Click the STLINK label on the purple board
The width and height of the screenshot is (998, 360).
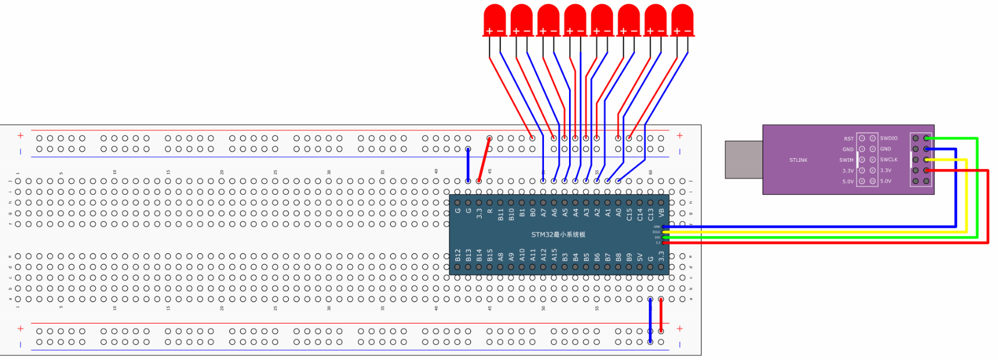click(x=798, y=160)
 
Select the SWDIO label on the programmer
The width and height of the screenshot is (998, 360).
click(x=888, y=138)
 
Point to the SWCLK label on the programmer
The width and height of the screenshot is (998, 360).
click(x=888, y=160)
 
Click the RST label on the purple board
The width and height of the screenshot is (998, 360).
click(x=848, y=138)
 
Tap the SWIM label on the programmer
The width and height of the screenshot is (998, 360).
click(x=846, y=160)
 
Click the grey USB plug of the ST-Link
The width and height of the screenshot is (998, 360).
click(x=743, y=160)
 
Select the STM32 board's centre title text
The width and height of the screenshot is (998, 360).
click(x=558, y=235)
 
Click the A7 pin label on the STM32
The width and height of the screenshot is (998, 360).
click(x=543, y=212)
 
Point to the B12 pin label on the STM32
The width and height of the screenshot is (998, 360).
click(x=458, y=256)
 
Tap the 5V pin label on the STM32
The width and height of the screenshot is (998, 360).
click(x=640, y=257)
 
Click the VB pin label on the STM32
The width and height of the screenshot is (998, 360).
click(x=661, y=212)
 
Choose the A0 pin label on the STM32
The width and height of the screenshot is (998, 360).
click(x=618, y=212)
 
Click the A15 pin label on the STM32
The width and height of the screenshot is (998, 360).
click(x=554, y=255)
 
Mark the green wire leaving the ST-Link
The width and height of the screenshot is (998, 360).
click(x=976, y=192)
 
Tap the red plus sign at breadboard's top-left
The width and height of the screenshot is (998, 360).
click(x=20, y=136)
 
